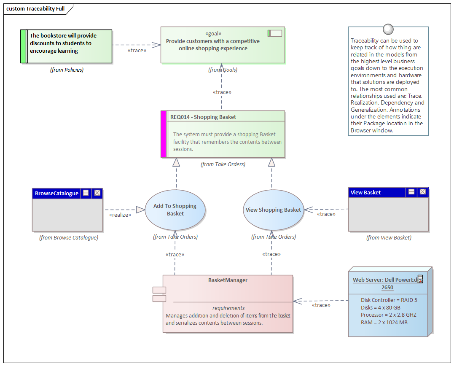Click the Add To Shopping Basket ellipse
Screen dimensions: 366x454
click(175, 210)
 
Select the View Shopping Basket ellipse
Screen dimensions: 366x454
click(273, 210)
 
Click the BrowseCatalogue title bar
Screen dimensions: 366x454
click(57, 193)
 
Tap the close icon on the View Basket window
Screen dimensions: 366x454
click(422, 192)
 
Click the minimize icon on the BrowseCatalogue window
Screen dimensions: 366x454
click(86, 193)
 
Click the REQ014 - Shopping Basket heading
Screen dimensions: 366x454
click(203, 117)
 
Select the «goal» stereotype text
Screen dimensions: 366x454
click(213, 34)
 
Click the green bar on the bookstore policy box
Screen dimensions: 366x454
click(23, 46)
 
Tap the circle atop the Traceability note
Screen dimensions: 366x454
click(388, 29)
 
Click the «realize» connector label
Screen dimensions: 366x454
click(120, 215)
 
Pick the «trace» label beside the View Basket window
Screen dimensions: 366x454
click(326, 214)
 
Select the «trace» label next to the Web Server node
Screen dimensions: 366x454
click(321, 305)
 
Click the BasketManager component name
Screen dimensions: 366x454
click(228, 280)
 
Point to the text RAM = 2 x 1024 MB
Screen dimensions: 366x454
click(384, 322)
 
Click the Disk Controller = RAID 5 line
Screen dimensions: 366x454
click(389, 300)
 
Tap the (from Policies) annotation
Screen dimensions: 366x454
click(67, 70)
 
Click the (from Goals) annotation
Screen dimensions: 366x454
click(223, 70)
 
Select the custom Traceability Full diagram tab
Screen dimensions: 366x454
click(36, 8)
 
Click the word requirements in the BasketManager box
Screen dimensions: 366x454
click(228, 308)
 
